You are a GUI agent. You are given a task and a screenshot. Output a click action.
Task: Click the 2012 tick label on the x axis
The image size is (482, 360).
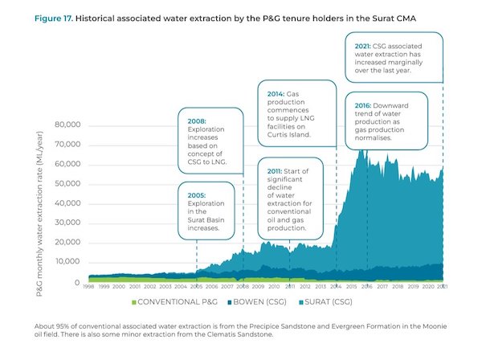click(x=304, y=286)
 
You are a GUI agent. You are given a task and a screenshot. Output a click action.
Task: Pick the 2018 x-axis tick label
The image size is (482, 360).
click(x=397, y=286)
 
